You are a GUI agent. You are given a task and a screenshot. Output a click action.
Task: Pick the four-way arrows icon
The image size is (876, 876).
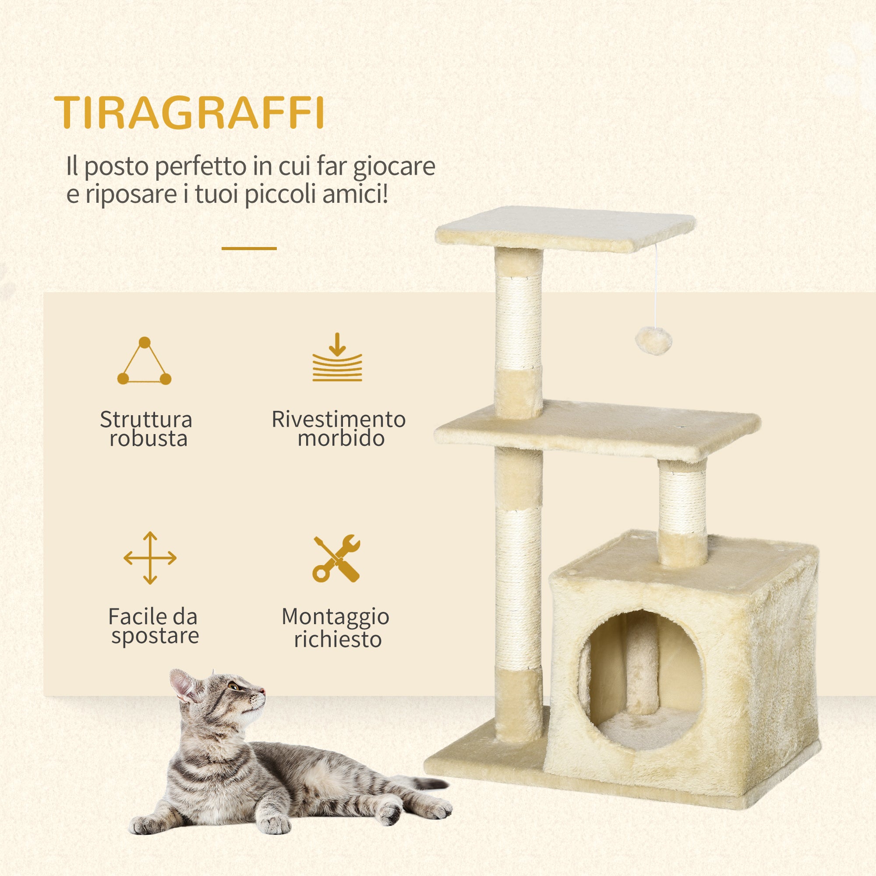150,558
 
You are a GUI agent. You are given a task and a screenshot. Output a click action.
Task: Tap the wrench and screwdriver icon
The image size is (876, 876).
336,558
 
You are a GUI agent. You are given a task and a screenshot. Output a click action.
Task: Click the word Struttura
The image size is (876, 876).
146,420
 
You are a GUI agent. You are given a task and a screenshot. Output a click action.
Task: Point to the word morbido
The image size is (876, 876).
341,438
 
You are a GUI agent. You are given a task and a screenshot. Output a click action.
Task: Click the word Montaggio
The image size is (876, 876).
336,617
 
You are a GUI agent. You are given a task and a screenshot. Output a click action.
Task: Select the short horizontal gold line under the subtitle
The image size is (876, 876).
249,248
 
